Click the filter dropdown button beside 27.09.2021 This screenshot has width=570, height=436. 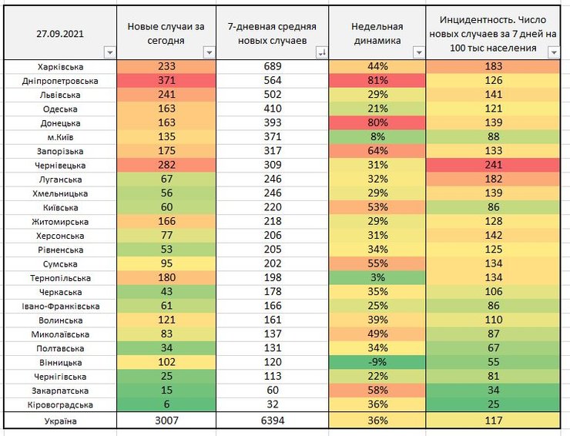click(108, 52)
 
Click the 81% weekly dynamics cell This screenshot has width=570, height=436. click(377, 81)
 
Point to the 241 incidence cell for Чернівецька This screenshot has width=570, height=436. click(494, 166)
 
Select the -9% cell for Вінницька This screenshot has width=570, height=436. click(377, 362)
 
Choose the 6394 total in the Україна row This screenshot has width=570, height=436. click(273, 421)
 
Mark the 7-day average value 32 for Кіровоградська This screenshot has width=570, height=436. click(273, 404)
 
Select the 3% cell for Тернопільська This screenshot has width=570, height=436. click(377, 278)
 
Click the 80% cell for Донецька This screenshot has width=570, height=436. click(377, 123)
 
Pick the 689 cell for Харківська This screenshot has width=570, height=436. click(273, 67)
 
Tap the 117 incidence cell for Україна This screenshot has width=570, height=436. click(494, 421)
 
